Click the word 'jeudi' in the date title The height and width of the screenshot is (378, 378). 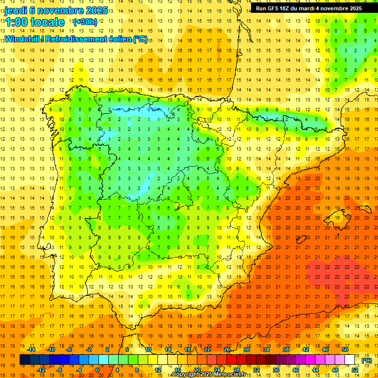pos(18,10)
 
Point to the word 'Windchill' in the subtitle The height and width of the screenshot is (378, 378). pos(22,39)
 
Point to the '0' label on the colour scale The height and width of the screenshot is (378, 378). pos(97,370)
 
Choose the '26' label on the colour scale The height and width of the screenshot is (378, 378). pos(227,349)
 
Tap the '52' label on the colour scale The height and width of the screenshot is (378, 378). pos(354,370)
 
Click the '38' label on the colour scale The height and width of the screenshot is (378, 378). pos(285,349)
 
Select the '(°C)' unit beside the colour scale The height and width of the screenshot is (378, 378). pos(367,360)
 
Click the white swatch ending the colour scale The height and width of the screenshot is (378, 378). pos(349,360)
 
